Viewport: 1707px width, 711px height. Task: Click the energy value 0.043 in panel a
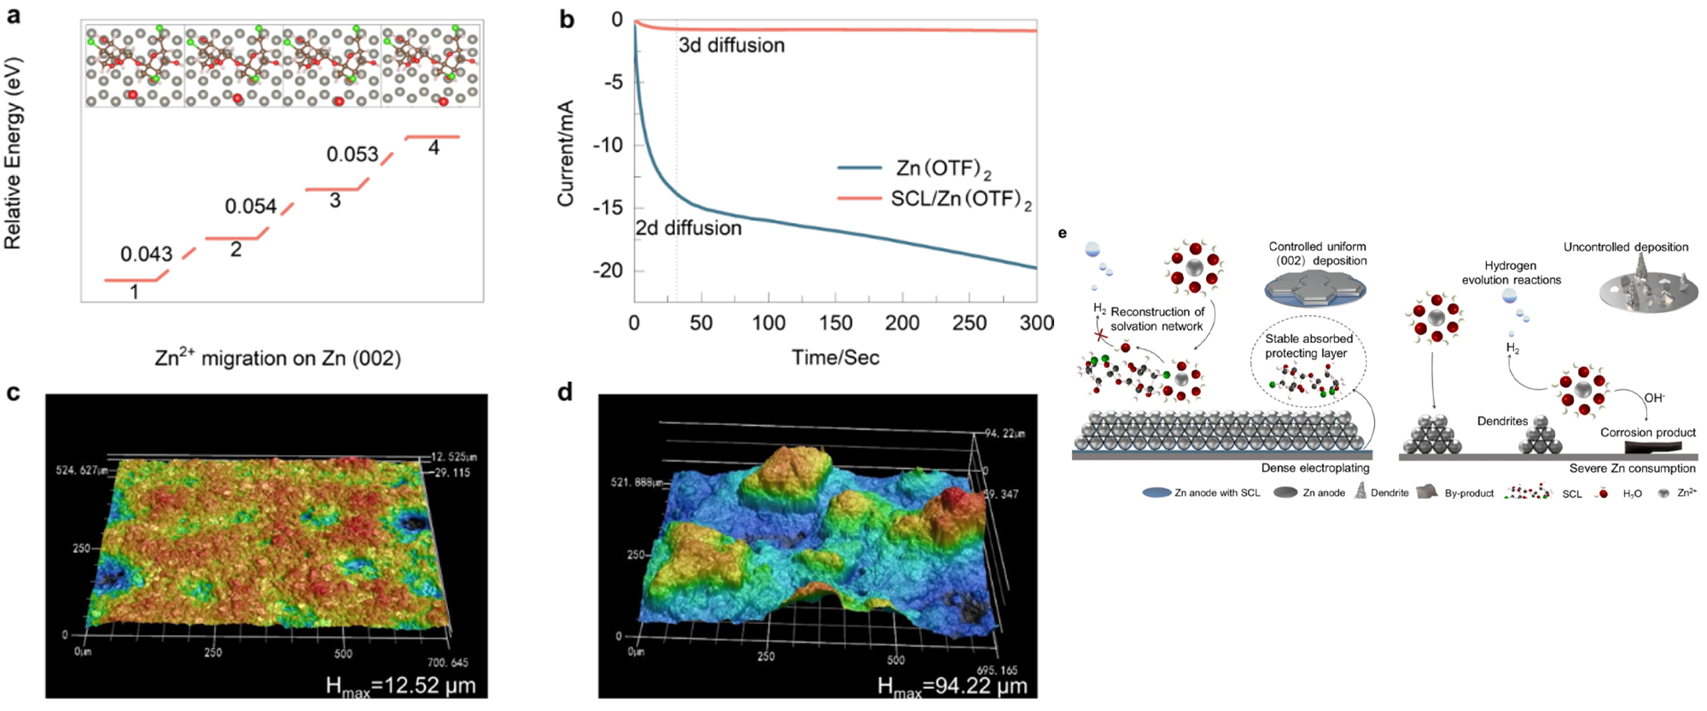point(146,254)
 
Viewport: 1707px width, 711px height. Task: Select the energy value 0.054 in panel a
point(250,206)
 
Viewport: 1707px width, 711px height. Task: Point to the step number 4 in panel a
point(434,148)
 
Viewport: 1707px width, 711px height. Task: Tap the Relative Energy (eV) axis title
point(13,154)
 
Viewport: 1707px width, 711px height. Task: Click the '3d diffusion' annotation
point(731,45)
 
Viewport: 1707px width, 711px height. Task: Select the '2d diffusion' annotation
point(688,228)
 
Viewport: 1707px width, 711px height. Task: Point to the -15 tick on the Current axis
point(612,207)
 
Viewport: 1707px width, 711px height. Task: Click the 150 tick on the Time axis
point(836,323)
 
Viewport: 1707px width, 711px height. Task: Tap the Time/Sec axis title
point(835,358)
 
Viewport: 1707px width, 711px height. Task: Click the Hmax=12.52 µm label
point(400,685)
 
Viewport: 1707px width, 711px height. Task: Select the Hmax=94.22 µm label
point(952,685)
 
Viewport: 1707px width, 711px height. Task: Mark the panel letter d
point(564,393)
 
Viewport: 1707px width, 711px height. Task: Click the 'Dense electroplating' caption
point(1315,468)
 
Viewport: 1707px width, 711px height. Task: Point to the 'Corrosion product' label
point(1648,433)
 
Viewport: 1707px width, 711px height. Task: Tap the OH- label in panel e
point(1654,398)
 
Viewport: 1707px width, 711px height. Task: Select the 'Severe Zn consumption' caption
point(1632,468)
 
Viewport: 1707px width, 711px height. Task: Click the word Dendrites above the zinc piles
point(1502,421)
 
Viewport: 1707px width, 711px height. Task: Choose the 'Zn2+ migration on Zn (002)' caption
point(277,358)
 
